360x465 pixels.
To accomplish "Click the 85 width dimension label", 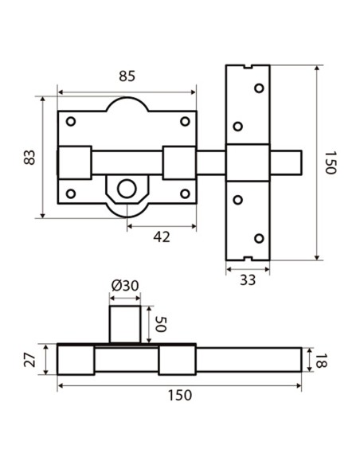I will [x=127, y=77].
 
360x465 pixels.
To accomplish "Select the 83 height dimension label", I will [x=29, y=157].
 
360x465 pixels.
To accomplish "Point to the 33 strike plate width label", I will [x=248, y=279].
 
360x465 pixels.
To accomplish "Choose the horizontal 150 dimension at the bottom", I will [x=179, y=396].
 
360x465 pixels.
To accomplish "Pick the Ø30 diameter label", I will [x=125, y=287].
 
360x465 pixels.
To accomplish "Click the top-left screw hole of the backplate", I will [x=71, y=121].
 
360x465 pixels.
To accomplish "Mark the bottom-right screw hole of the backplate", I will [x=186, y=193].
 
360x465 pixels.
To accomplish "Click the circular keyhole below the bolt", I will [x=126, y=190].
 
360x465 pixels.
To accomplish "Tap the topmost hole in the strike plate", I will [x=257, y=88].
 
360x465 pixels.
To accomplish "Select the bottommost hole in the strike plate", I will [x=257, y=237].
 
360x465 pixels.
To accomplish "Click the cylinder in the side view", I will [x=124, y=324].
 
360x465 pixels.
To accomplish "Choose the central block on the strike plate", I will [x=248, y=163].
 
